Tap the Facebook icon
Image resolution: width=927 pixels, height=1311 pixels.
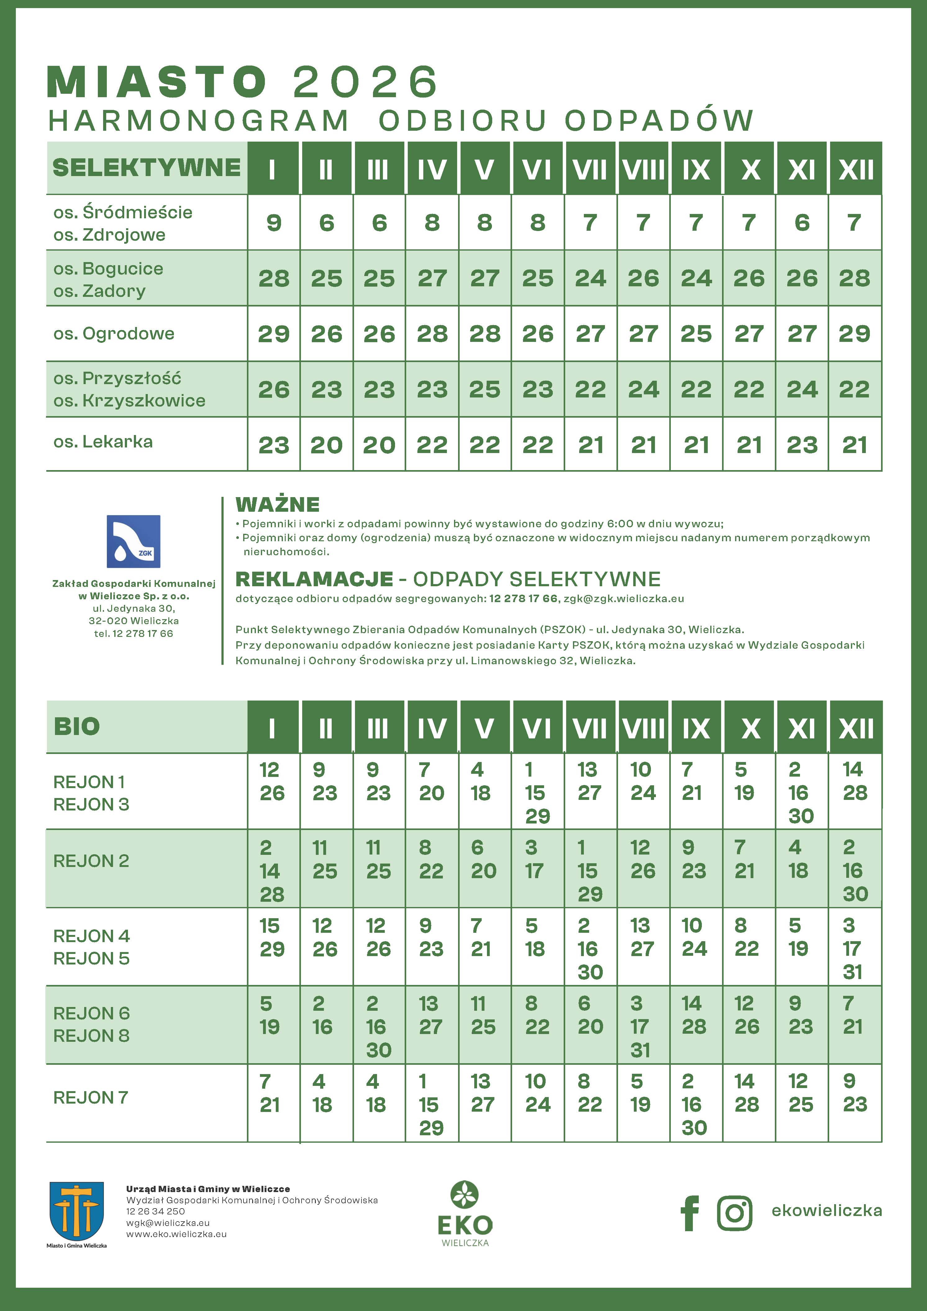click(x=690, y=1213)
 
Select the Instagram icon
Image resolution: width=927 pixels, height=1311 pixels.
click(x=734, y=1213)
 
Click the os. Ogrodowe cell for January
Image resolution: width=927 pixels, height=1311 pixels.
click(x=274, y=333)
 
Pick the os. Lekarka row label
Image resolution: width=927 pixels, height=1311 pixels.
click(x=103, y=442)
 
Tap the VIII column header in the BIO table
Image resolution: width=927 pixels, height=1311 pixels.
click(x=644, y=728)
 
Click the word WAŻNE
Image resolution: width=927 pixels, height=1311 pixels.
click(x=278, y=504)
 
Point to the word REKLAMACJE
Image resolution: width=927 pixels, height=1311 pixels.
click(x=314, y=579)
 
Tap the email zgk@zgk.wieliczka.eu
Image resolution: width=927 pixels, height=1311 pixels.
click(x=623, y=598)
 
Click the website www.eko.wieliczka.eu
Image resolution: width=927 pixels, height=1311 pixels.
click(x=176, y=1234)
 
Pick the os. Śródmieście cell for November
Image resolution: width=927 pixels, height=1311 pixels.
click(x=802, y=223)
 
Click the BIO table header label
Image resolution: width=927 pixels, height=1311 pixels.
click(x=77, y=726)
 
